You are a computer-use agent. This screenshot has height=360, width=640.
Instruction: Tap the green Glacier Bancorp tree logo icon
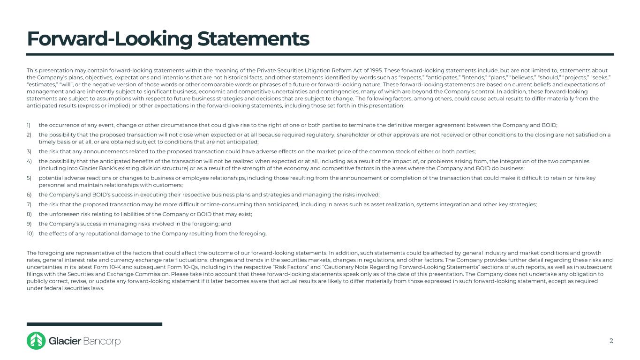36,341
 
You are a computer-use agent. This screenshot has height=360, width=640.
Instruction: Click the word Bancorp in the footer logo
102,341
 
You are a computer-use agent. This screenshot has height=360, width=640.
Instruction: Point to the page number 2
611,341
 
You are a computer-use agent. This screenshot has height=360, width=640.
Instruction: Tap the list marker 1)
29,125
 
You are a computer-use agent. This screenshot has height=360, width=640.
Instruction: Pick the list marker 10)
30,233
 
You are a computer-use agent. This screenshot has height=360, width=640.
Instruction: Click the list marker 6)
29,195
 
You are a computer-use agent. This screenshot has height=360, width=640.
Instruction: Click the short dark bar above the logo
94,324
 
